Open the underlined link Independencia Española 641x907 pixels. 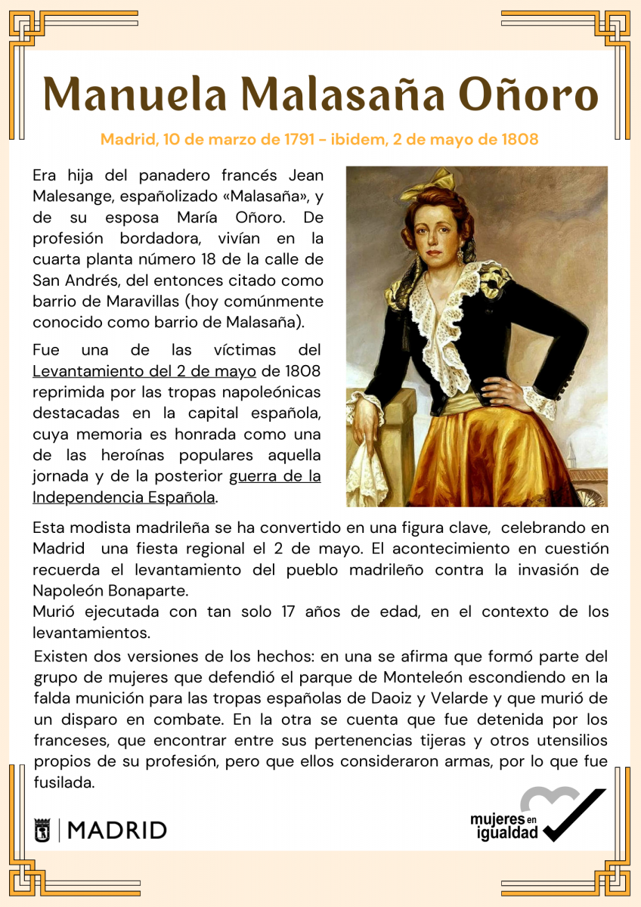[x=124, y=497]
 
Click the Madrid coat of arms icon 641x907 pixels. [x=42, y=830]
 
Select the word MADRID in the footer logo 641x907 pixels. [x=117, y=830]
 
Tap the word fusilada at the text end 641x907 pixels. [x=64, y=783]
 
